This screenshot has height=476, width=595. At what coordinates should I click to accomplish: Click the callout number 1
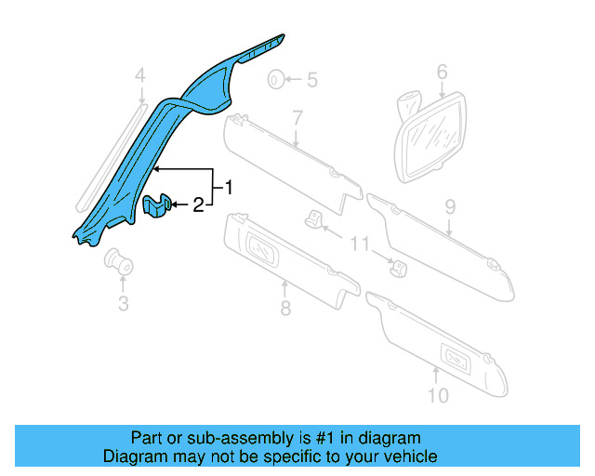pyautogui.click(x=228, y=188)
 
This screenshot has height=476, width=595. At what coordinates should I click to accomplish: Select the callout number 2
pyautogui.click(x=197, y=205)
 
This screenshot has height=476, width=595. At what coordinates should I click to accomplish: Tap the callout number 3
pyautogui.click(x=123, y=303)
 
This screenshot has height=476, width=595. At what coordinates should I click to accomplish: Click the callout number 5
pyautogui.click(x=311, y=81)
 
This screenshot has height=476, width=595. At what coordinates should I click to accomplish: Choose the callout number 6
pyautogui.click(x=442, y=72)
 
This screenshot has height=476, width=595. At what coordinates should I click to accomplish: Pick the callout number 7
pyautogui.click(x=297, y=117)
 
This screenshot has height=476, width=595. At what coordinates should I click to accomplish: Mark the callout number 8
pyautogui.click(x=285, y=307)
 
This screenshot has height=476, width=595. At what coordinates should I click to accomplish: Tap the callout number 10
pyautogui.click(x=437, y=395)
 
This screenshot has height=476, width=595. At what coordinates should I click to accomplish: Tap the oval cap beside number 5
pyautogui.click(x=277, y=81)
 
